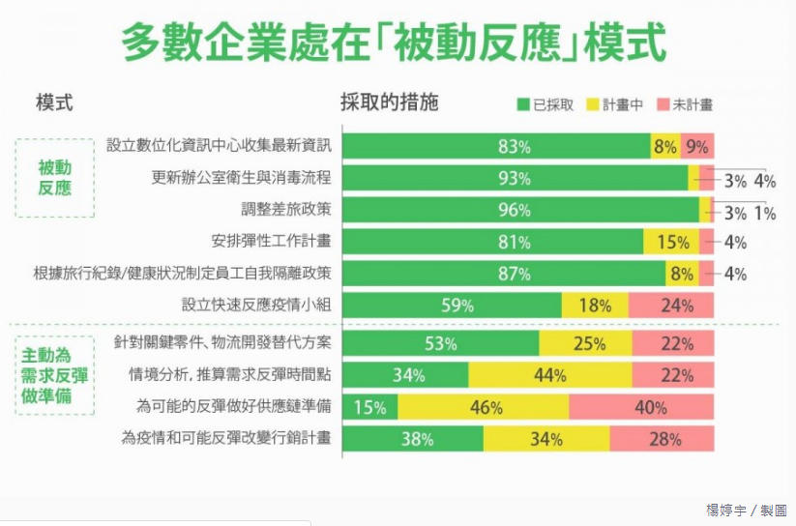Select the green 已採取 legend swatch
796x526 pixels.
click(x=523, y=104)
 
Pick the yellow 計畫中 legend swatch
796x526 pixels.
click(x=593, y=104)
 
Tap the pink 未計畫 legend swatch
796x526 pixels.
click(x=663, y=104)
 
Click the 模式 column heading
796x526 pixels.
click(x=54, y=102)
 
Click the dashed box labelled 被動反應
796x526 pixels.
click(x=54, y=178)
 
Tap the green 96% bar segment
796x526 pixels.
click(x=520, y=210)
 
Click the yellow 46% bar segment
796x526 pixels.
click(x=483, y=407)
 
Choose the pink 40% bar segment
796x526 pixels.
click(x=641, y=407)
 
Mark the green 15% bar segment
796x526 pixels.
click(x=369, y=407)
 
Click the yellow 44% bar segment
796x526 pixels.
click(x=549, y=375)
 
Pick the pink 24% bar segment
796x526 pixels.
click(x=671, y=306)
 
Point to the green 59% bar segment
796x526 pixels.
click(x=452, y=306)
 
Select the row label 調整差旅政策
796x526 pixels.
click(x=285, y=210)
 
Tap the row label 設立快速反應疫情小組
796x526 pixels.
click(x=256, y=306)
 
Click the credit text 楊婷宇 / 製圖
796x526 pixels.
click(x=746, y=510)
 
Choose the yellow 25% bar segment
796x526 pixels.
click(x=585, y=343)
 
